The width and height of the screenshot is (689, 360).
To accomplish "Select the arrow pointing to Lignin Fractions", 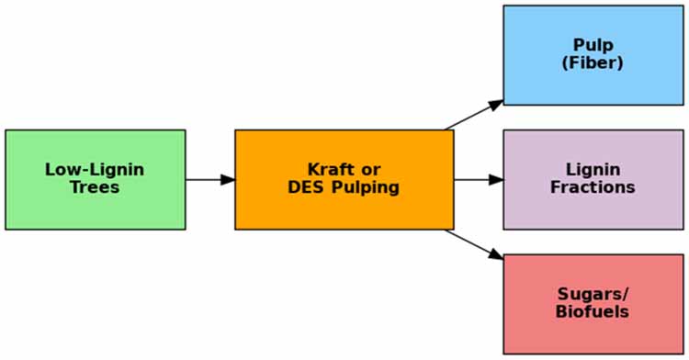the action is coord(478,179).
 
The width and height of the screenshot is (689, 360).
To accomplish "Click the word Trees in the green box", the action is coord(95,187).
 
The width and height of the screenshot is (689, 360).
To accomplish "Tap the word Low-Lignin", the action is coord(95,170).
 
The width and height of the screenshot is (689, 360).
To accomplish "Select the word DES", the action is coord(305,187).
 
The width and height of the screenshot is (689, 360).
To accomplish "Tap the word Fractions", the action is coord(593,187).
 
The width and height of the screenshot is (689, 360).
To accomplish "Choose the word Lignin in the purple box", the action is coord(593,170).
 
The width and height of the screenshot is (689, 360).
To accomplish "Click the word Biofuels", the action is coord(593,311).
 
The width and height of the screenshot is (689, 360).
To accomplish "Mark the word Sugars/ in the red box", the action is coord(593,294).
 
